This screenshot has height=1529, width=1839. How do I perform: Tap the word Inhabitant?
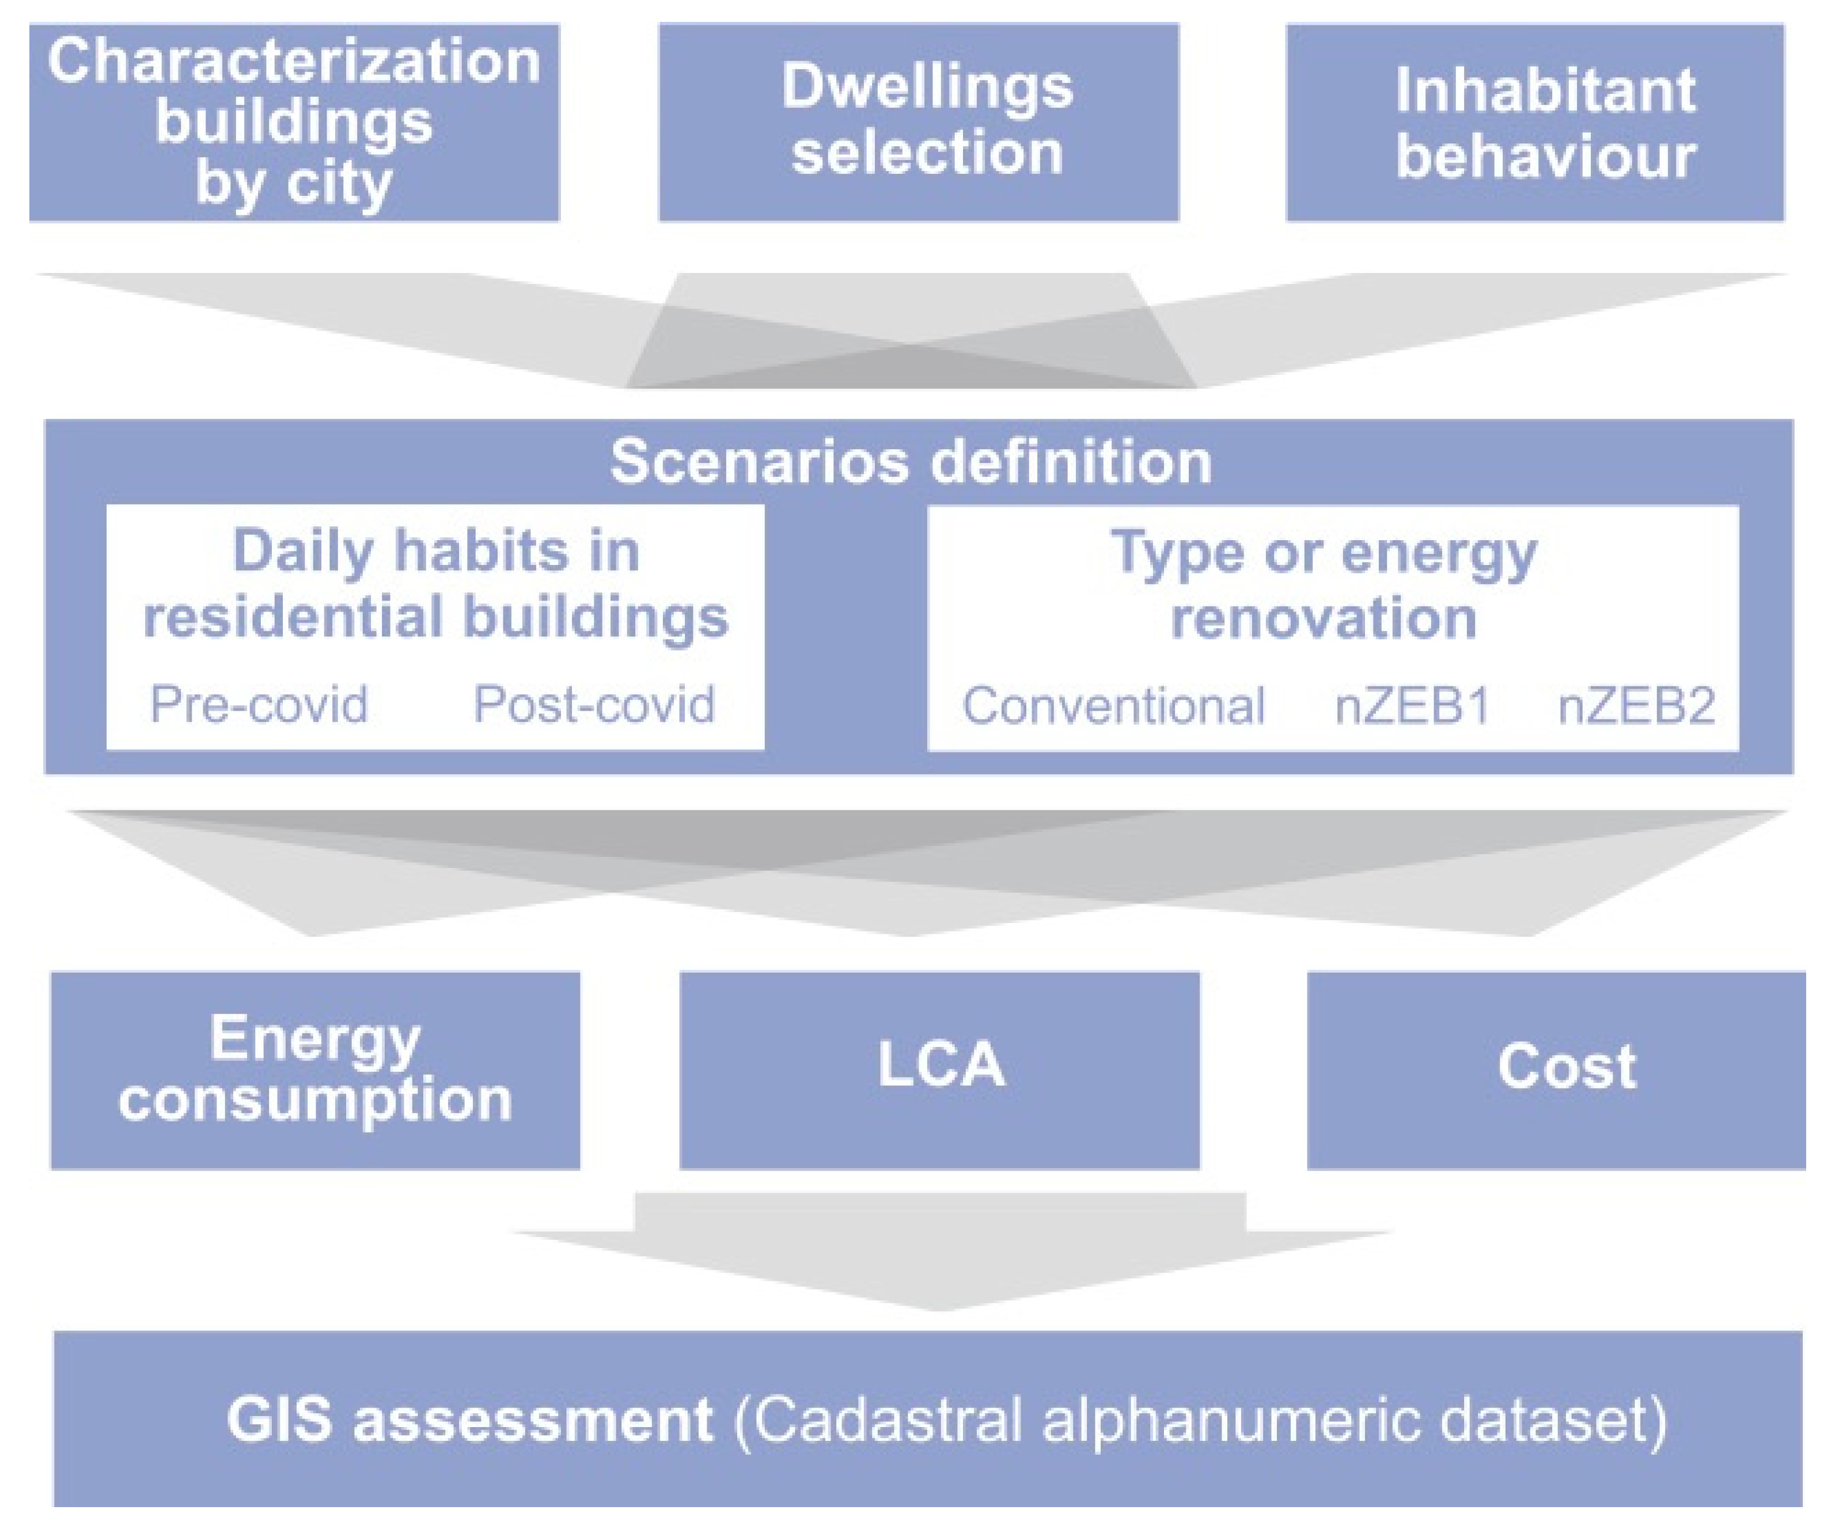coord(1545,90)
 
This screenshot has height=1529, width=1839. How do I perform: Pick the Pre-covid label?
coord(259,704)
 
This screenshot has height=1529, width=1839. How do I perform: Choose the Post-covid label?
coord(594,704)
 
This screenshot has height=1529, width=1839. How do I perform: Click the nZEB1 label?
coord(1412,706)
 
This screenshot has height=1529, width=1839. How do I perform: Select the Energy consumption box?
coord(315,1069)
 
